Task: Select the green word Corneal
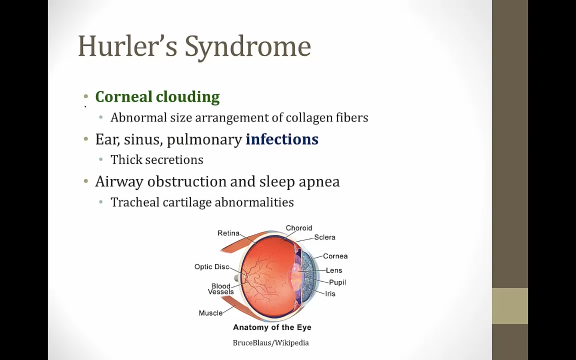point(124,97)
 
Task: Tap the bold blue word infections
point(282,139)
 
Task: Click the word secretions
point(174,160)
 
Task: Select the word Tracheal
point(135,202)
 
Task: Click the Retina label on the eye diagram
point(228,233)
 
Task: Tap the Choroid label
point(299,228)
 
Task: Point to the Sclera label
point(325,237)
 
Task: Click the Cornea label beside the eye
point(335,256)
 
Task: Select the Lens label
point(334,270)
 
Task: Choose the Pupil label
point(337,282)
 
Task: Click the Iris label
point(330,294)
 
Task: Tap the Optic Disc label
point(212,267)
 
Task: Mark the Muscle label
point(210,313)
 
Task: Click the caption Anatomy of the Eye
point(272,327)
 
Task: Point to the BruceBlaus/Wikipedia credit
point(271,343)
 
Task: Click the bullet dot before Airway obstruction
point(86,181)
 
